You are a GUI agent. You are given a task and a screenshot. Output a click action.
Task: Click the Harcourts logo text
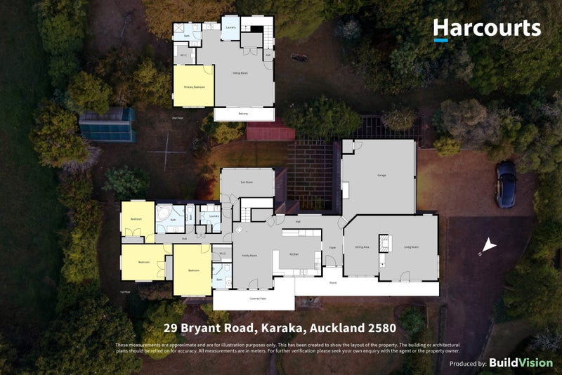click(487, 28)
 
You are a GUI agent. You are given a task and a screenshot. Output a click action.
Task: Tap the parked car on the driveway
click(506, 185)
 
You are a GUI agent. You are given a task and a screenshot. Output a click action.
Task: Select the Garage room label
click(381, 175)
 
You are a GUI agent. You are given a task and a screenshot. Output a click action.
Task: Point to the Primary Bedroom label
click(194, 87)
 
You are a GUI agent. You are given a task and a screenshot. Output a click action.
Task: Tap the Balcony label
click(243, 114)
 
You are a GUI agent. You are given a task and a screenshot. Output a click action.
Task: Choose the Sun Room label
click(246, 181)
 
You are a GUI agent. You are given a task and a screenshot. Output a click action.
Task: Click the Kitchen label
click(294, 254)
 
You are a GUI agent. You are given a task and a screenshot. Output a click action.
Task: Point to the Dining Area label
click(362, 247)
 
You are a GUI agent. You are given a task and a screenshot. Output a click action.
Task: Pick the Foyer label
click(332, 247)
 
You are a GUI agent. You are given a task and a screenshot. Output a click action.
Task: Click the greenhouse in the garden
click(107, 125)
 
